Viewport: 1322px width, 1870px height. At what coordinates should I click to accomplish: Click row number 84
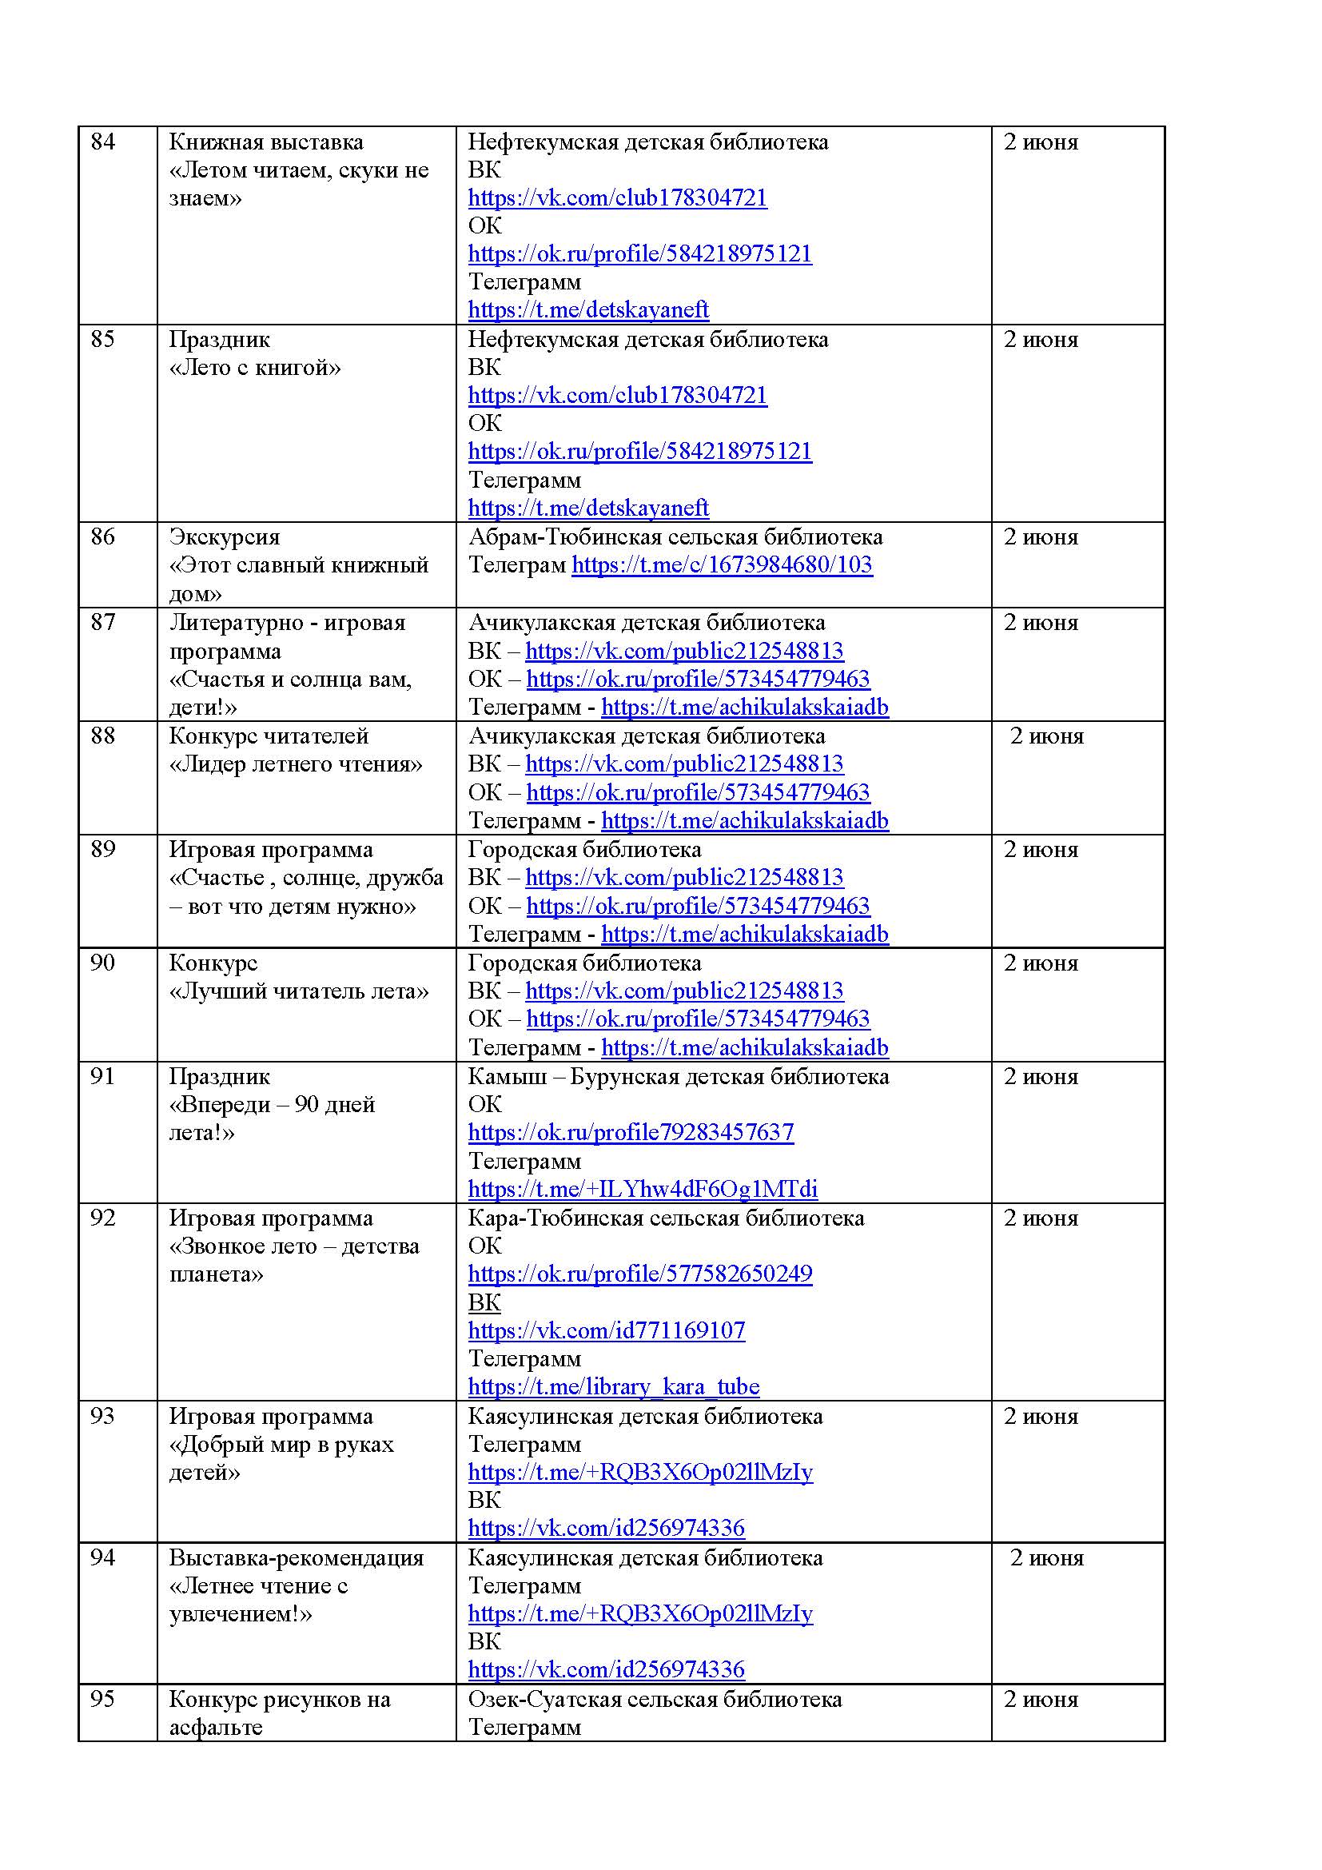[102, 142]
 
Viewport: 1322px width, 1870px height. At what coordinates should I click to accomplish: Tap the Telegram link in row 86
[721, 565]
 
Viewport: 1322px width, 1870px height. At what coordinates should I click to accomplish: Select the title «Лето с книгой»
[255, 368]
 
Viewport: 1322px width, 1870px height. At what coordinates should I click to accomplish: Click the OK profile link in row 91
[631, 1133]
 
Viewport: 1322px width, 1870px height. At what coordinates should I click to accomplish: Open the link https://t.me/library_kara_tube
[614, 1387]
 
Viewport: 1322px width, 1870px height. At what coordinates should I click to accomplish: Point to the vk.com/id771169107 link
[607, 1331]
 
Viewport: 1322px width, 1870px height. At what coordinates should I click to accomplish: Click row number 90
[102, 963]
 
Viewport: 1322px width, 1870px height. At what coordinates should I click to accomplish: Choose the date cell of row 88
[1047, 737]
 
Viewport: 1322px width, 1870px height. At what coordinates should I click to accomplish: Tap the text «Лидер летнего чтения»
[296, 765]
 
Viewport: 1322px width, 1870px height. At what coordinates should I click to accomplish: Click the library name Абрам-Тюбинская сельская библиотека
[675, 537]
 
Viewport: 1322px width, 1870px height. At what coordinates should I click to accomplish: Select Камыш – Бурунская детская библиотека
[678, 1077]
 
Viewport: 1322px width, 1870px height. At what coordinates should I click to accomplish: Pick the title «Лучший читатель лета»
[299, 992]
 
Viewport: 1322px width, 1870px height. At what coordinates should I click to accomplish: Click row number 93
[102, 1417]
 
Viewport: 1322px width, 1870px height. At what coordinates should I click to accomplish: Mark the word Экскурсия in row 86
[225, 537]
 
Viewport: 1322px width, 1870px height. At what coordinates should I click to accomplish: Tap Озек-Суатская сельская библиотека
[655, 1700]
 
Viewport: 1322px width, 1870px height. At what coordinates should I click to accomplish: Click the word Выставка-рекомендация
[297, 1558]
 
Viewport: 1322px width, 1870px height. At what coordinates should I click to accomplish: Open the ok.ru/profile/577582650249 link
[640, 1274]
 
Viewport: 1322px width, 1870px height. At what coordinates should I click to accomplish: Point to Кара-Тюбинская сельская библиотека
[666, 1218]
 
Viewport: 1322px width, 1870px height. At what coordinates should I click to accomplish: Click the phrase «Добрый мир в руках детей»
[281, 1459]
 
